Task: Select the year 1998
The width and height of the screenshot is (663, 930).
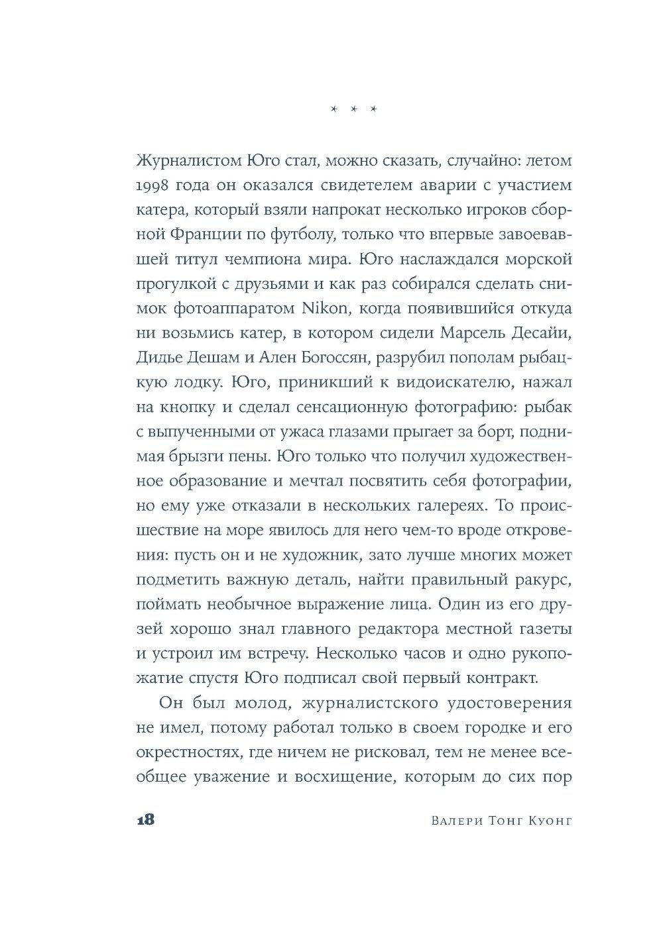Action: click(154, 205)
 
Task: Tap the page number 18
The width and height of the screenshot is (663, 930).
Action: click(145, 820)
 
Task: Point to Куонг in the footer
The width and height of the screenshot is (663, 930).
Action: click(547, 821)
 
